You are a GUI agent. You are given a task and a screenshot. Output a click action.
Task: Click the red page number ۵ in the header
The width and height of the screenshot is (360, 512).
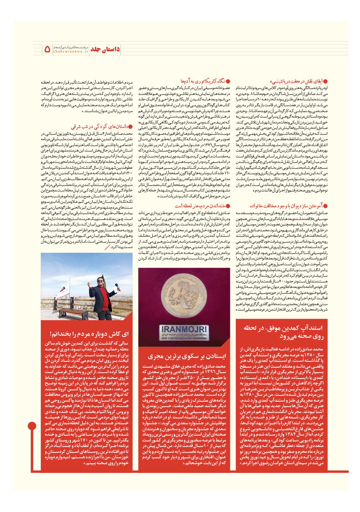(x=47, y=49)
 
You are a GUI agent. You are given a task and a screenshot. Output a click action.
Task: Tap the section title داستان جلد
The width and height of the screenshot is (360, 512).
(x=105, y=49)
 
